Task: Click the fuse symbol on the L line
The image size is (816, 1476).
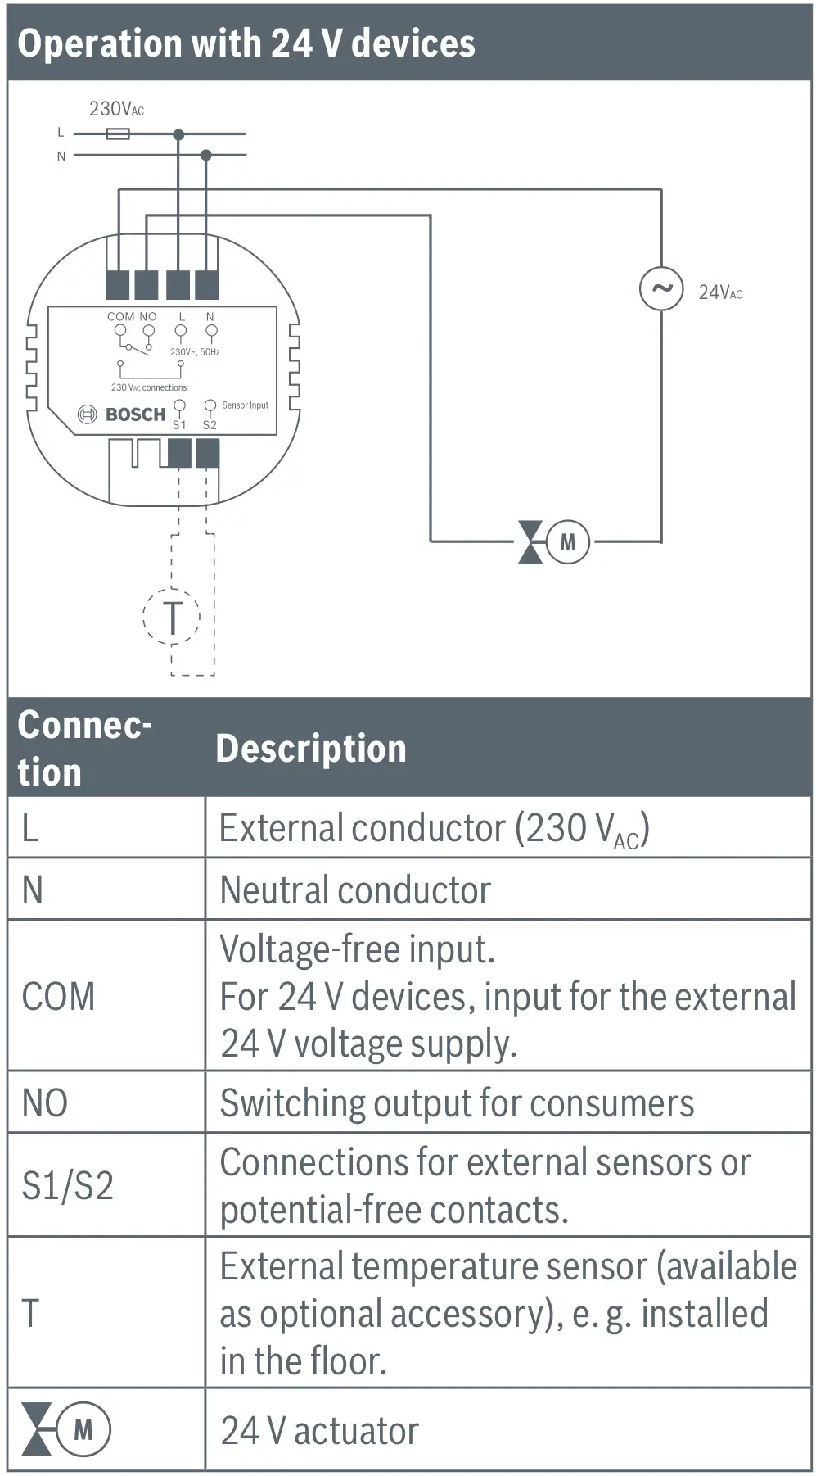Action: pos(118,134)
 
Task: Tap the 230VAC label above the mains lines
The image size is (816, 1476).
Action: pos(116,109)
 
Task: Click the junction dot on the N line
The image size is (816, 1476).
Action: pos(205,155)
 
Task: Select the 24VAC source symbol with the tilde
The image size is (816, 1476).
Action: pos(660,288)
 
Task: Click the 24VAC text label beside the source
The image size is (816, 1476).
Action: pos(719,292)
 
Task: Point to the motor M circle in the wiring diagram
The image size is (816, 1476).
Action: pos(567,542)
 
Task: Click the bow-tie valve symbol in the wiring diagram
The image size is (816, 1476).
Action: pos(530,542)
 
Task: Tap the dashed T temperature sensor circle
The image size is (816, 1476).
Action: pos(172,617)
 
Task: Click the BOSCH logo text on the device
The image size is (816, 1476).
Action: pos(135,414)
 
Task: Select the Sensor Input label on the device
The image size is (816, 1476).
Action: pos(245,405)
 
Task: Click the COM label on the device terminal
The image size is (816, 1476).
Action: pos(120,316)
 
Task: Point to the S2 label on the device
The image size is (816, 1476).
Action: pos(210,425)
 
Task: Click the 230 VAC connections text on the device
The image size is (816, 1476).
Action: pos(149,387)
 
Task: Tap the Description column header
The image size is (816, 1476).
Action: pos(310,749)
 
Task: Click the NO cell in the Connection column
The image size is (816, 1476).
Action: pos(45,1102)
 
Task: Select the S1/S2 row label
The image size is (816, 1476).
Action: pos(67,1185)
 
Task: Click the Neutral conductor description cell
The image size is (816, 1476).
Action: pos(355,890)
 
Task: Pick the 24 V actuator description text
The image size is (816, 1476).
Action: pos(319,1431)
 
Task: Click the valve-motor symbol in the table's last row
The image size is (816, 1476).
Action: pos(65,1429)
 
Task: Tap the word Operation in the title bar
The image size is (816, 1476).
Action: pos(98,43)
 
